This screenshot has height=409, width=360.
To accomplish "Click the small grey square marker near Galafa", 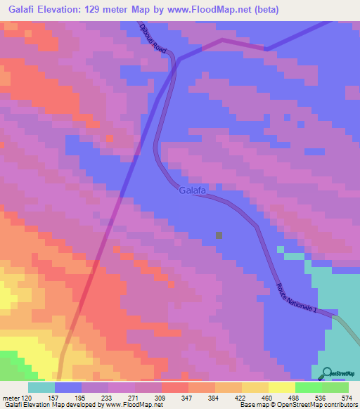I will (219, 235).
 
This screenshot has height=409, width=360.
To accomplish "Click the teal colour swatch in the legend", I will (41, 388).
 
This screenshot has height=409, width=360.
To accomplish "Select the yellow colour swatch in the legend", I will (281, 388).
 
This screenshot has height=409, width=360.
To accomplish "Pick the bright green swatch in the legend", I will (308, 388).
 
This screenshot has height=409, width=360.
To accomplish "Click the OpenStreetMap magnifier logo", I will (326, 373).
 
